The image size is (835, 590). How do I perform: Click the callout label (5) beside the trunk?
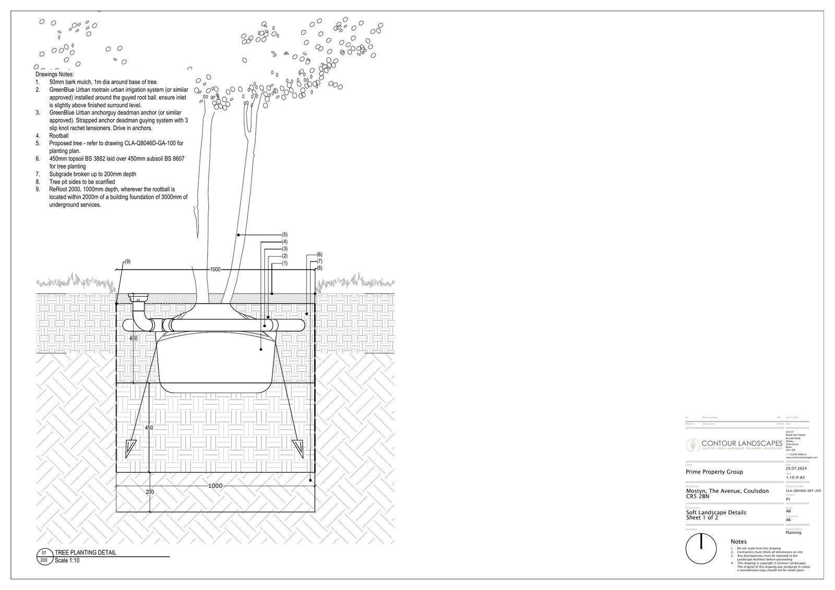tap(284, 235)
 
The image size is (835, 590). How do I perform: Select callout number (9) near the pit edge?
tap(127, 261)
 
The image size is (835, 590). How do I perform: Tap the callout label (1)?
tap(284, 263)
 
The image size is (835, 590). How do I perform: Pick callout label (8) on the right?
tap(319, 268)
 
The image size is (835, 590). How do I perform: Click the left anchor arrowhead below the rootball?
tap(130, 447)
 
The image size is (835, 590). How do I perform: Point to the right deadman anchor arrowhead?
tap(298, 447)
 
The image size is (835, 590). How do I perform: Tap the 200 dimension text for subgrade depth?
tap(150, 492)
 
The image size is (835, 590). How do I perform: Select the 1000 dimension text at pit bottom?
tap(215, 486)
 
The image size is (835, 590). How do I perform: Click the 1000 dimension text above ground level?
tap(215, 269)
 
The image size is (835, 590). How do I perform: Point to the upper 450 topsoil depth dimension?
tap(134, 339)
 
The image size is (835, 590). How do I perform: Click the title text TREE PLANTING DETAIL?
tap(86, 553)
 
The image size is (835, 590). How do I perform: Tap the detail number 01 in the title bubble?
tap(44, 553)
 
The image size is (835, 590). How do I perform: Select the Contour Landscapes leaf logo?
tap(693, 445)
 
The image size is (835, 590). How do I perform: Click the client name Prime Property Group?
tap(714, 472)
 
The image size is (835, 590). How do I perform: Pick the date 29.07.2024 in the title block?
tap(796, 468)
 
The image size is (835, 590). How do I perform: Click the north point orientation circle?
tap(701, 549)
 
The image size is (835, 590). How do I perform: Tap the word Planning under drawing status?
tap(793, 533)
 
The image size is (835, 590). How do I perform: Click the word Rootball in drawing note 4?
tap(59, 136)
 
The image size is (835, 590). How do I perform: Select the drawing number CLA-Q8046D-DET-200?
tap(803, 490)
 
